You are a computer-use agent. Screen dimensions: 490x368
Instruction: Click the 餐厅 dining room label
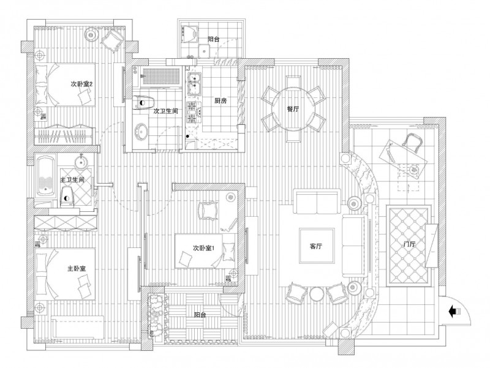[293, 109]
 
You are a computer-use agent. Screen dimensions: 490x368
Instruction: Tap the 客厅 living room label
[316, 246]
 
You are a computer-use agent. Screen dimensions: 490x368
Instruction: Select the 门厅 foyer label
[409, 244]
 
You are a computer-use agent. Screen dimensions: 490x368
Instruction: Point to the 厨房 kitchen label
[221, 100]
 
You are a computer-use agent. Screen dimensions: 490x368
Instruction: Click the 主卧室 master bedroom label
[77, 268]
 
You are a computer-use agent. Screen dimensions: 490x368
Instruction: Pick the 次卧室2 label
[82, 84]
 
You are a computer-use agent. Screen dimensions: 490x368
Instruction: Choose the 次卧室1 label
[203, 248]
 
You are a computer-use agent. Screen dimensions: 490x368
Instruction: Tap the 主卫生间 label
[72, 180]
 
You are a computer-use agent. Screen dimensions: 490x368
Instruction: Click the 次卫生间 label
[166, 111]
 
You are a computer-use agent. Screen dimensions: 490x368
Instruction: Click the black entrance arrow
[454, 312]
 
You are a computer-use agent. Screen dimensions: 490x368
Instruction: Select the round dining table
[293, 109]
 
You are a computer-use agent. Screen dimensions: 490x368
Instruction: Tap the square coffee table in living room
[317, 246]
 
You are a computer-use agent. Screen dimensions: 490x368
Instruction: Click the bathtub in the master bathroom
[46, 177]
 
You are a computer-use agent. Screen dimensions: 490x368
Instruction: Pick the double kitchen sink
[194, 84]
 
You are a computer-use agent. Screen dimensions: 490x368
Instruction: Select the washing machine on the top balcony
[189, 34]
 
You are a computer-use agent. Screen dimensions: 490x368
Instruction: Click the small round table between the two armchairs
[316, 294]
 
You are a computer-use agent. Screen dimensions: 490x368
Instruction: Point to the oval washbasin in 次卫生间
[142, 131]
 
